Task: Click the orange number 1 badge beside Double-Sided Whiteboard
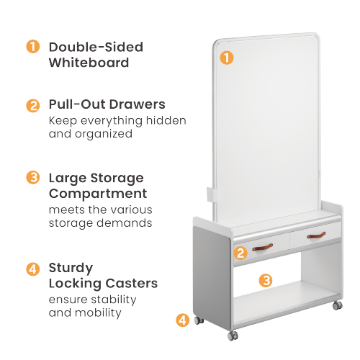[33, 46]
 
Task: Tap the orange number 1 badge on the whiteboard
[227, 58]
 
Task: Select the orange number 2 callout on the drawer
[240, 253]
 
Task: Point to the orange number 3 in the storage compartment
[266, 280]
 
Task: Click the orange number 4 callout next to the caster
[183, 320]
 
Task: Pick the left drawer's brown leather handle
[263, 248]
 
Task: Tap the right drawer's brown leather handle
[316, 235]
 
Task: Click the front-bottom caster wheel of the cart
[233, 336]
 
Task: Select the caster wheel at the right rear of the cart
[337, 305]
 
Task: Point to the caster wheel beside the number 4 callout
[199, 320]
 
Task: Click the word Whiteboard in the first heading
[89, 63]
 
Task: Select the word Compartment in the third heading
[98, 194]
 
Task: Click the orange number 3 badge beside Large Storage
[33, 178]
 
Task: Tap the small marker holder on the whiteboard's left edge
[212, 194]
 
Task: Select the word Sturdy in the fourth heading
[71, 269]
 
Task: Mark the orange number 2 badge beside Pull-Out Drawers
[33, 105]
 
